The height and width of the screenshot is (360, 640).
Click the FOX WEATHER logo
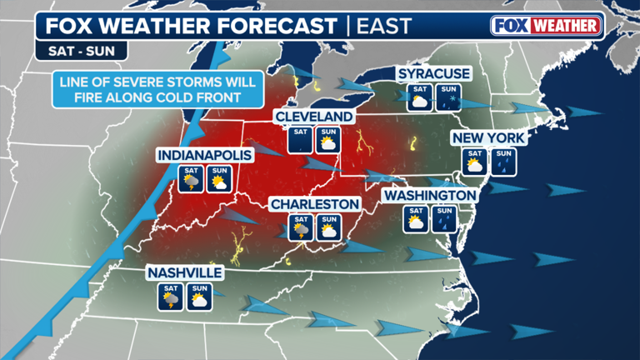[x=547, y=25]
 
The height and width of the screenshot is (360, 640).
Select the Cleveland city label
[x=314, y=116]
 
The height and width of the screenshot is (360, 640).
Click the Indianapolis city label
[x=195, y=155]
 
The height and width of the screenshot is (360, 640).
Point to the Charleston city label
[x=314, y=204]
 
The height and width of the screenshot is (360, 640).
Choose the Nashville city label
[x=184, y=272]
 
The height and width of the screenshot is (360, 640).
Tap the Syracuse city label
[x=434, y=75]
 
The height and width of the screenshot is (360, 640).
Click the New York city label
[x=488, y=137]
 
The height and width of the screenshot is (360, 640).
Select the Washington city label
[x=428, y=195]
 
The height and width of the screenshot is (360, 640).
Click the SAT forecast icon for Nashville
[x=172, y=297]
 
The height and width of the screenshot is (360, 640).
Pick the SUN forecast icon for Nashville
[x=199, y=297]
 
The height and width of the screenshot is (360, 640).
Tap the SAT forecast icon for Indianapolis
[x=191, y=178]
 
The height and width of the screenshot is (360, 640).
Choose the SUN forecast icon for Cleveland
[x=327, y=140]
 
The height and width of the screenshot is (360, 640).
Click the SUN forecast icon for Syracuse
[x=447, y=97]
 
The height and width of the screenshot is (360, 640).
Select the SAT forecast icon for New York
[x=475, y=161]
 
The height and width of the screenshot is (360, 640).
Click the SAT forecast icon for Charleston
[x=300, y=228]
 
